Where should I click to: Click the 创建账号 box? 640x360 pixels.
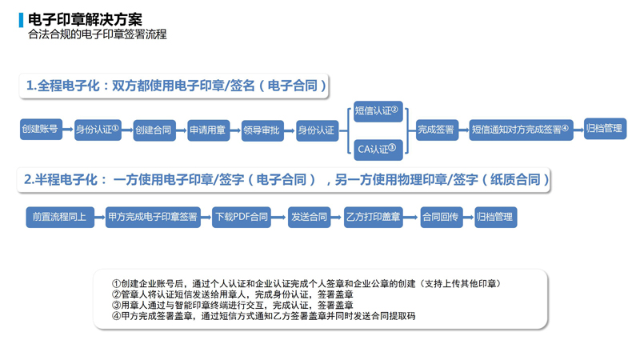coord(41,129)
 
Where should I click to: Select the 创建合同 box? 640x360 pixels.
coord(154,130)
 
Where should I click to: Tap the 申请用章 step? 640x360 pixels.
coord(208,130)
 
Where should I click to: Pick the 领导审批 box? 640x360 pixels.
coord(262,130)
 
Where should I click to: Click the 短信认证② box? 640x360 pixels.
coord(378,111)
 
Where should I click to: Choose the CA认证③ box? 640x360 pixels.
coord(378,150)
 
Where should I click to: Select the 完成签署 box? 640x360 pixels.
coord(437,130)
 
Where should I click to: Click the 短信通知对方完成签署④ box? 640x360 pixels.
coord(521,130)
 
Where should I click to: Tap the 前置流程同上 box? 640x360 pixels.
coord(60,217)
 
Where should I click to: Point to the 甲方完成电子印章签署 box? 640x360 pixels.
coord(153,217)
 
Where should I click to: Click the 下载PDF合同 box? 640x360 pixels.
coord(242,217)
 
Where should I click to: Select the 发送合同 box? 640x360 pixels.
coord(309,217)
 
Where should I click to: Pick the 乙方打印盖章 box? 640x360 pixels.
coord(373,217)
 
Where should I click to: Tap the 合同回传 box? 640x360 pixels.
coord(442,217)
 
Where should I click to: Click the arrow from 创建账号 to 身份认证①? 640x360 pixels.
coord(68,130)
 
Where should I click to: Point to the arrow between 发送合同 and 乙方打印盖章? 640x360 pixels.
coord(337,217)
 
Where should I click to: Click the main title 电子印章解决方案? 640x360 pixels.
coord(85,19)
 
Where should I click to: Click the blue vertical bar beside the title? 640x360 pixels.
coord(21,20)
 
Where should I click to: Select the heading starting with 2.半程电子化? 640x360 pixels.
coord(286,179)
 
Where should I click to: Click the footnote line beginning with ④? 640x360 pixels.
coord(264,316)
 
